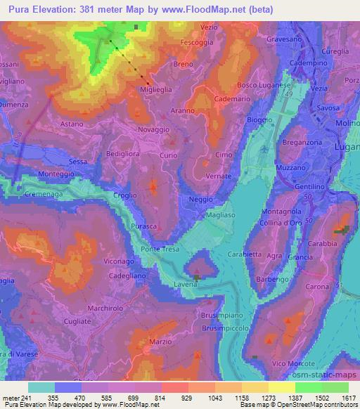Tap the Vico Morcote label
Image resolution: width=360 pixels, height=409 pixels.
[x=289, y=363]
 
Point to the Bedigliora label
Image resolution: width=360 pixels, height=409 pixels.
[x=124, y=152]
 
